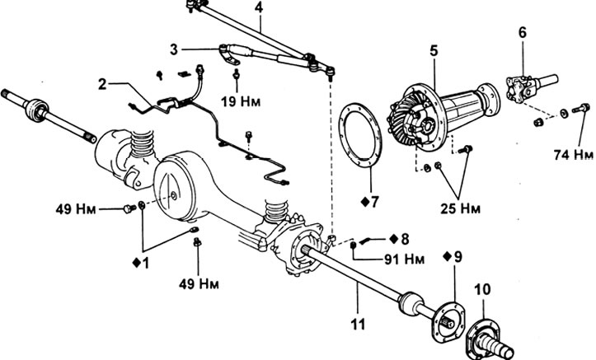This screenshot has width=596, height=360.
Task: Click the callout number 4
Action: [x=259, y=8]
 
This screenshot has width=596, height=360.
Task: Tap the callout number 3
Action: [x=174, y=49]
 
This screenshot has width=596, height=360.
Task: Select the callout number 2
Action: [x=102, y=84]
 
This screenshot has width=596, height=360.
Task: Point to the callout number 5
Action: [x=434, y=50]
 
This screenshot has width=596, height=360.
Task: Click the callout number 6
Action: [x=523, y=33]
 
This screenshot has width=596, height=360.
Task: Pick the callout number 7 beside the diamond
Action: [x=375, y=202]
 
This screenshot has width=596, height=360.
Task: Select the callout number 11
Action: [x=358, y=324]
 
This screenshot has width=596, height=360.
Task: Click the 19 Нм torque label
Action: [x=241, y=101]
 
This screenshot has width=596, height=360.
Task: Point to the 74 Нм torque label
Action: [x=573, y=155]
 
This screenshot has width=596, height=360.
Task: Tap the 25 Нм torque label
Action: [x=460, y=208]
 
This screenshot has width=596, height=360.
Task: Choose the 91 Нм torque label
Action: [x=404, y=259]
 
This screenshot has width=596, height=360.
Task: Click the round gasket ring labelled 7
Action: [x=359, y=134]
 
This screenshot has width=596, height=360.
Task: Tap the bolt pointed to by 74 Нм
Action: [x=581, y=107]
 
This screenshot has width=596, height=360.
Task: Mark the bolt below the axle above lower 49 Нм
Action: [x=197, y=242]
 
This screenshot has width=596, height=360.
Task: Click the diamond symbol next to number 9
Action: [x=447, y=256]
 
